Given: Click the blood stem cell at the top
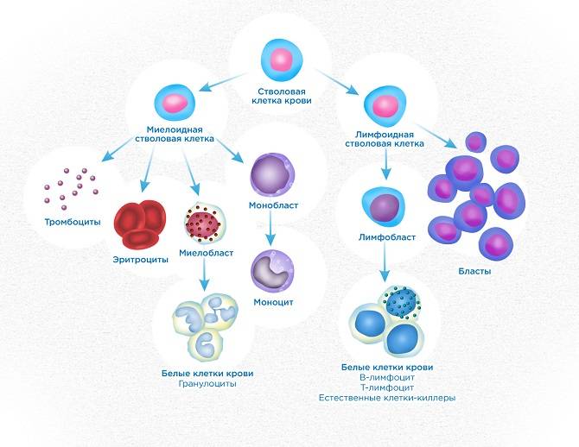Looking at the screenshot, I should click(281, 60).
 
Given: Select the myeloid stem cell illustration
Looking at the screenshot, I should click(174, 102).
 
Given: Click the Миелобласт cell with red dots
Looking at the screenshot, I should click(205, 223).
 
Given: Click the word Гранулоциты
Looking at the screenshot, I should click(200, 384).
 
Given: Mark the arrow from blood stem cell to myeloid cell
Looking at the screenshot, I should click(227, 79).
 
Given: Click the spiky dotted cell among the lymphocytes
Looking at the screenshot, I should click(403, 303).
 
